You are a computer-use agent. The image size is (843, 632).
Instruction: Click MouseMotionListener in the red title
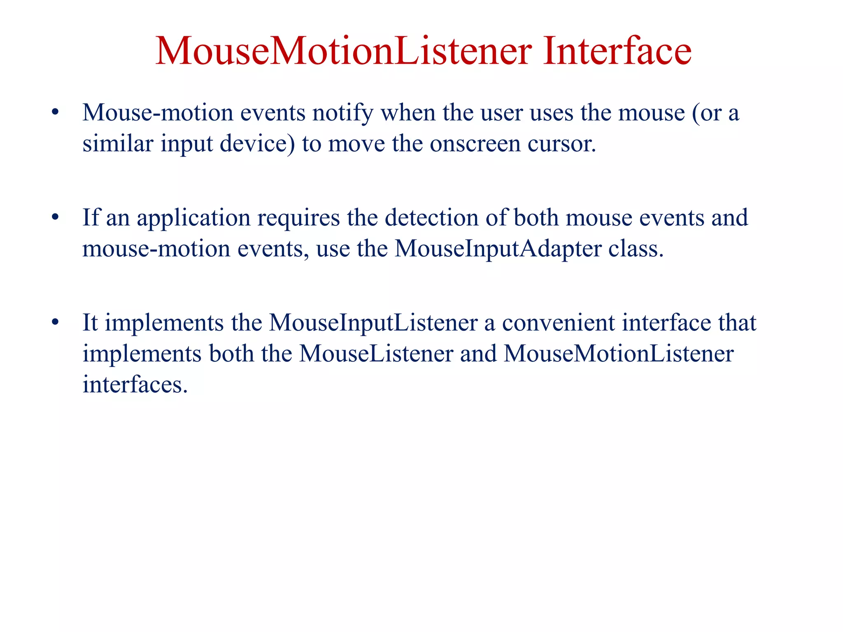point(343,51)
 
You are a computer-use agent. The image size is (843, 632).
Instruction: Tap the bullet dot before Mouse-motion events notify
point(55,112)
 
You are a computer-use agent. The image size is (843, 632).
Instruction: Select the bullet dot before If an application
point(55,217)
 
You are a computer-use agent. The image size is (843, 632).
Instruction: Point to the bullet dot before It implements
point(55,322)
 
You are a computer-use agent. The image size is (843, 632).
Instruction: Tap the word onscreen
point(475,144)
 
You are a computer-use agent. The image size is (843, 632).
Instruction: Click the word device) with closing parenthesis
point(257,144)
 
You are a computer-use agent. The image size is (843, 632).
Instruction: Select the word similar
point(118,144)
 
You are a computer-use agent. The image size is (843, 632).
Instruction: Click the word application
point(193,218)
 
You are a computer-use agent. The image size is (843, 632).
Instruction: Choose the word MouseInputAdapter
point(498,249)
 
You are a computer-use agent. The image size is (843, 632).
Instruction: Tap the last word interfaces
point(135,385)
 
